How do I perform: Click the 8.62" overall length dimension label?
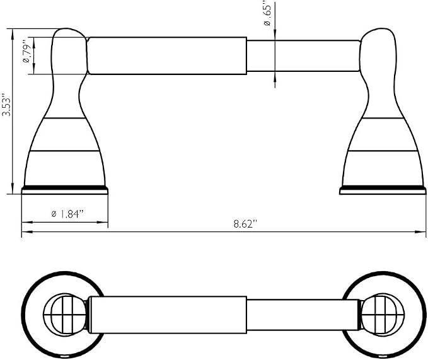245,224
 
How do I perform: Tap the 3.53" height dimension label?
6,105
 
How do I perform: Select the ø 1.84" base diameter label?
67,214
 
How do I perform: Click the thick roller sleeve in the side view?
167,55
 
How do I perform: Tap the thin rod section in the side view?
303,56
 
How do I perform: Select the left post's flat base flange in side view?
65,190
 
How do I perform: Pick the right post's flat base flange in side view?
383,190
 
